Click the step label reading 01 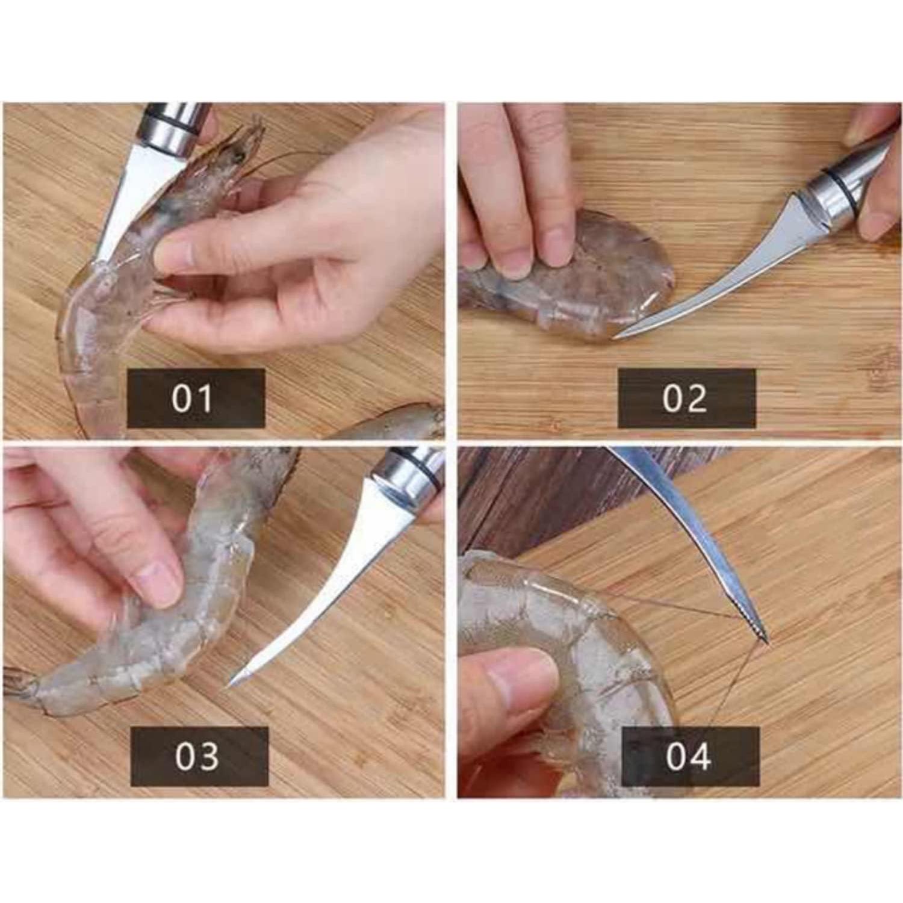pos(196,398)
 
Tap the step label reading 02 pos(686,398)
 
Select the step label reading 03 pos(199,756)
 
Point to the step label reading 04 pos(690,756)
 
